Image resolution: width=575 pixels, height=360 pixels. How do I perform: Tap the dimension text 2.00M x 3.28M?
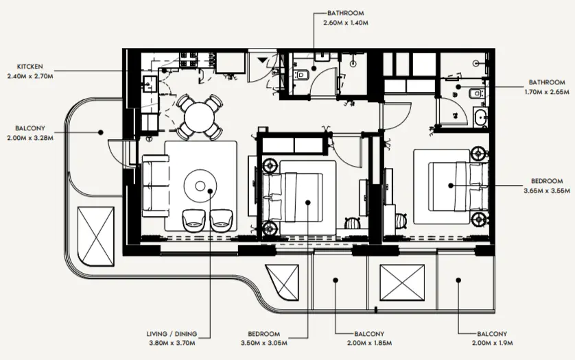(x=30, y=138)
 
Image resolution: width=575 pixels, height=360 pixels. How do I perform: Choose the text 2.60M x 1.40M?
(x=345, y=22)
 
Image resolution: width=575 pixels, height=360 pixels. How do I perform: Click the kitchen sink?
(x=149, y=84)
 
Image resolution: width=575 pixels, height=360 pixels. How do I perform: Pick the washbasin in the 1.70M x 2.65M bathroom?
(x=480, y=118)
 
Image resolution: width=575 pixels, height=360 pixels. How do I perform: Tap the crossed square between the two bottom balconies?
(x=402, y=281)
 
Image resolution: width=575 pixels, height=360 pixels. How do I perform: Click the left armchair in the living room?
(x=193, y=219)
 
